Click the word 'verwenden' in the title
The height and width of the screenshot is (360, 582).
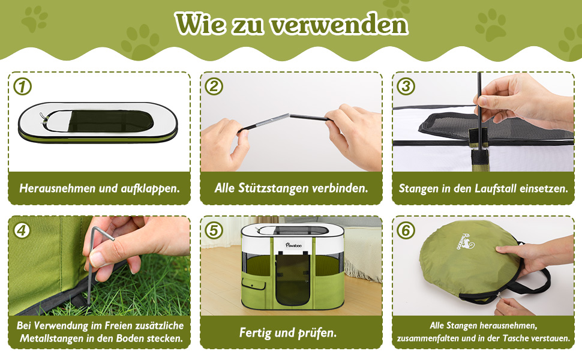point(339,25)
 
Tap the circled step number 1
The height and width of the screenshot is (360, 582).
point(23,87)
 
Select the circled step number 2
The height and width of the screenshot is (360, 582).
point(214,87)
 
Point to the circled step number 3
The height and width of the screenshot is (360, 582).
point(406,87)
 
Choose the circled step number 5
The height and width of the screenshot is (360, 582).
point(214,230)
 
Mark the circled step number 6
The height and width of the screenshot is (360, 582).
point(406,230)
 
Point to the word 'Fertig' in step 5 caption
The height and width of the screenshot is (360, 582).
point(255,332)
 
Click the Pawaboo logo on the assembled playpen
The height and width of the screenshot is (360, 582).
point(293,245)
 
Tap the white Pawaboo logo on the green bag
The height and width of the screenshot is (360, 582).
point(465,243)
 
